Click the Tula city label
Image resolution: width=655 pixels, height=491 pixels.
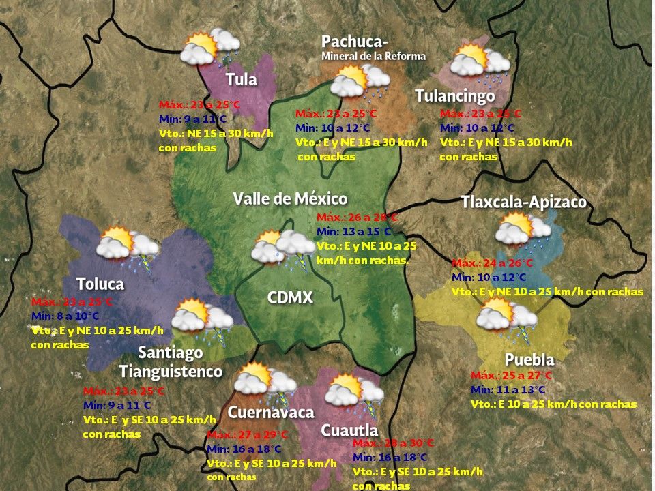pyautogui.click(x=242, y=80)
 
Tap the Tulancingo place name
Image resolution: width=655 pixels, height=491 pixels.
pyautogui.click(x=455, y=96)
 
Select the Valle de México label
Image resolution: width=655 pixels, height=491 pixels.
pyautogui.click(x=290, y=199)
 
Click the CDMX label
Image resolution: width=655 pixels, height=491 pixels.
pyautogui.click(x=290, y=298)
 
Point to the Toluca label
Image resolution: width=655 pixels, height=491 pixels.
pyautogui.click(x=100, y=284)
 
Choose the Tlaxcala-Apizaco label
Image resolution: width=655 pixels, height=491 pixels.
pyautogui.click(x=523, y=203)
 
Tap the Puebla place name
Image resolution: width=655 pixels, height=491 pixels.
pyautogui.click(x=529, y=360)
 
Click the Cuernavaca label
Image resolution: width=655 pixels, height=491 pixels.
pyautogui.click(x=271, y=413)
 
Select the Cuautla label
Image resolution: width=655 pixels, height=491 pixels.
pyautogui.click(x=349, y=430)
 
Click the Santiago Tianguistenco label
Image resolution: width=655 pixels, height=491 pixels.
pyautogui.click(x=171, y=362)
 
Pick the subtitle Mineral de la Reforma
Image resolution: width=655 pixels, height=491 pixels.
pyautogui.click(x=373, y=57)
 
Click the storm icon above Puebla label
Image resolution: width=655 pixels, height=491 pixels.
pyautogui.click(x=506, y=317)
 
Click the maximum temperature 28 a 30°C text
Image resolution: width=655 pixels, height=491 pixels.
pyautogui.click(x=393, y=443)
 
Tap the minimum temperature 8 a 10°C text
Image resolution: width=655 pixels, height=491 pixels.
pyautogui.click(x=65, y=316)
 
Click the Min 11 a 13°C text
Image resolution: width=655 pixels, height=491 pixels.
pyautogui.click(x=508, y=389)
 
